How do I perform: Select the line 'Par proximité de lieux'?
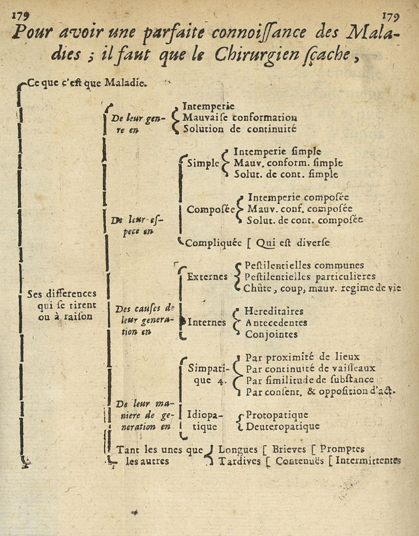pos(303,358)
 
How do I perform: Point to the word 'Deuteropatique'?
pos(283,426)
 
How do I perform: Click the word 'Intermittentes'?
pos(368,461)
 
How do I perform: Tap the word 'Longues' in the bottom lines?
pos(237,450)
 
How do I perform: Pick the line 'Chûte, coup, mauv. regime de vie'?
pos(322,288)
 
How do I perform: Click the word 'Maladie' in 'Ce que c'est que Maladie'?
pos(126,82)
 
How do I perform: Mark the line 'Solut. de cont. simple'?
pos(285,174)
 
